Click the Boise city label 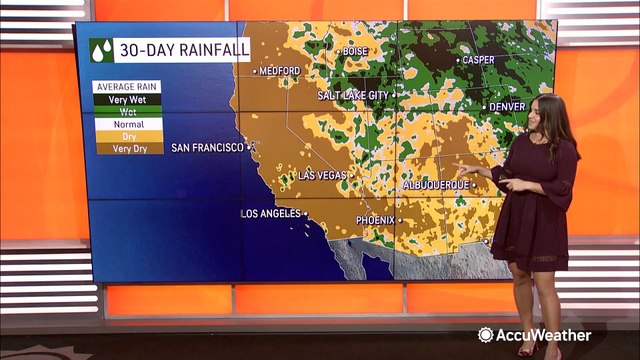(356, 51)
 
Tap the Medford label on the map (280, 71)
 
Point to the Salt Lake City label (352, 95)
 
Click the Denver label (506, 106)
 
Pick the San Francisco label (207, 148)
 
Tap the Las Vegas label (323, 176)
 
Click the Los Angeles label (271, 214)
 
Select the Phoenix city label (375, 219)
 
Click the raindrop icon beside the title (101, 50)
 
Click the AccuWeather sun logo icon (486, 335)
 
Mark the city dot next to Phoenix (400, 219)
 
